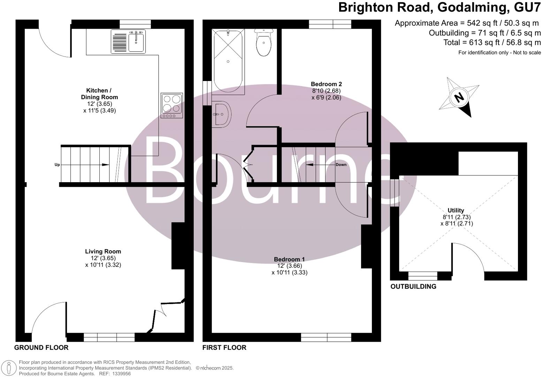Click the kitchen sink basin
pyautogui.click(x=137, y=42)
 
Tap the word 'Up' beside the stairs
pyautogui.click(x=57, y=165)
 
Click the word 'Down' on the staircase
pyautogui.click(x=341, y=164)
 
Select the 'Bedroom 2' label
pyautogui.click(x=326, y=84)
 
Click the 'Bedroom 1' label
pyautogui.click(x=289, y=259)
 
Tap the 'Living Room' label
pyautogui.click(x=103, y=251)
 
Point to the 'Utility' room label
pyautogui.click(x=456, y=210)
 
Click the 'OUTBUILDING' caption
pyautogui.click(x=413, y=287)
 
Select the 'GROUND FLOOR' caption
pyautogui.click(x=41, y=348)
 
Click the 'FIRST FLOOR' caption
pyautogui.click(x=224, y=348)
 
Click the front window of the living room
pyautogui.click(x=109, y=337)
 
